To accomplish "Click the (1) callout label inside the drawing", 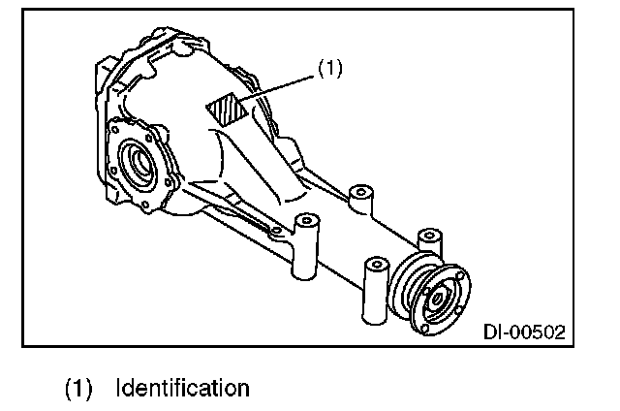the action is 330,71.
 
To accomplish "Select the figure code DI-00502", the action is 523,332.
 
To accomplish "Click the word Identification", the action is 182,389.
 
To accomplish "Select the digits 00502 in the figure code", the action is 536,332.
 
